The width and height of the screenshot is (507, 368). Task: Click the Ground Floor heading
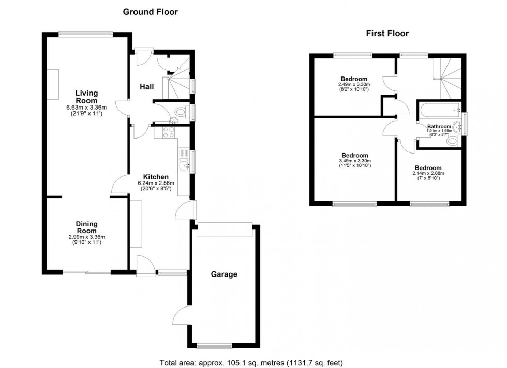[x=150, y=12]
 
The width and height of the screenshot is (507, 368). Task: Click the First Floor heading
[x=387, y=34]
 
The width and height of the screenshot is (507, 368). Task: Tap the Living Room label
[x=86, y=97]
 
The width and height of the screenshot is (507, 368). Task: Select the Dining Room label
[x=87, y=227]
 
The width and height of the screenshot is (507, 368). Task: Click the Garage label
[x=224, y=274]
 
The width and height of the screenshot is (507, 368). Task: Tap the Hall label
[x=146, y=87]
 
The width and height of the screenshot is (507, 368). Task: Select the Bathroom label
[x=439, y=126]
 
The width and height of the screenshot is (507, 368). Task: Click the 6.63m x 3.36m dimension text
[x=86, y=108]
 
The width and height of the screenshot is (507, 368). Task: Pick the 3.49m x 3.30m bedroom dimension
[x=355, y=161]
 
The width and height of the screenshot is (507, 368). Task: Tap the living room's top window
[x=85, y=34]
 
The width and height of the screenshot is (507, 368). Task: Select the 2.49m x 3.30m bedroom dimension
[x=350, y=85]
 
